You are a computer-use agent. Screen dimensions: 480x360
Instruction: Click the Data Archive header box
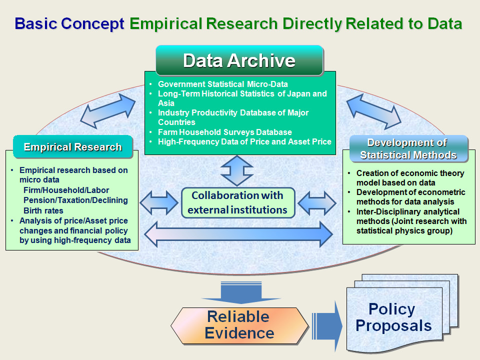pyautogui.click(x=239, y=60)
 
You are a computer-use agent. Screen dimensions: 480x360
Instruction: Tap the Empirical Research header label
pyautogui.click(x=73, y=147)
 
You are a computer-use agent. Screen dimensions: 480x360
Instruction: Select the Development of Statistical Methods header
pyautogui.click(x=408, y=149)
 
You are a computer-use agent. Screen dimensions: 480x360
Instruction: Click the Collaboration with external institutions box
pyautogui.click(x=238, y=202)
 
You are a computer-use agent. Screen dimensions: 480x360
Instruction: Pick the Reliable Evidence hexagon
pyautogui.click(x=239, y=325)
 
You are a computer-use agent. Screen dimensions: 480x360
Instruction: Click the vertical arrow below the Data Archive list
pyautogui.click(x=237, y=171)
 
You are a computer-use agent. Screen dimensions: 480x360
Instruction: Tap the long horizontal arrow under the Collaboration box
pyautogui.click(x=238, y=234)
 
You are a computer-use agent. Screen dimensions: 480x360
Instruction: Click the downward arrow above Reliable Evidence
pyautogui.click(x=241, y=292)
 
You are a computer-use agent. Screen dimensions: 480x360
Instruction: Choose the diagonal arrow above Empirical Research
pyautogui.click(x=108, y=111)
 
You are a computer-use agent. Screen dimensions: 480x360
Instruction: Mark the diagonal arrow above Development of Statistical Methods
pyautogui.click(x=374, y=111)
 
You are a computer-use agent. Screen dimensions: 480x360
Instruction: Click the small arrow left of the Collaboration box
pyautogui.click(x=159, y=202)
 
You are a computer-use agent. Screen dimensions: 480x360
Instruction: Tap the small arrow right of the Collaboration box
pyautogui.click(x=317, y=202)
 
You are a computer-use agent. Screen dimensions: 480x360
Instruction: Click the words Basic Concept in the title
pyautogui.click(x=69, y=24)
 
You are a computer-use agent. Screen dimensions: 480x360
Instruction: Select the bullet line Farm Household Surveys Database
pyautogui.click(x=224, y=132)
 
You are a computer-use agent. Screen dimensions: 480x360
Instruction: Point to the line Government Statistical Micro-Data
pyautogui.click(x=223, y=84)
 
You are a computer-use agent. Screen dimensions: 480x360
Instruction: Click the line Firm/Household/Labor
pyautogui.click(x=66, y=190)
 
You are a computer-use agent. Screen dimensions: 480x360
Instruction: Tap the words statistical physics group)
pyautogui.click(x=404, y=230)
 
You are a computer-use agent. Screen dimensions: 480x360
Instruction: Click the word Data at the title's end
pyautogui.click(x=445, y=24)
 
